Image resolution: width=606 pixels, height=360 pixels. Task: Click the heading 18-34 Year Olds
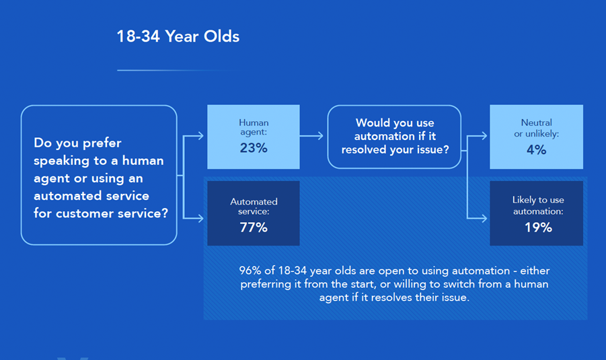coord(178,36)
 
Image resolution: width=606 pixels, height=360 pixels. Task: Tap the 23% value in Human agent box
coord(254,148)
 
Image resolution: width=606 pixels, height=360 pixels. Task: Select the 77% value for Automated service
coord(254,227)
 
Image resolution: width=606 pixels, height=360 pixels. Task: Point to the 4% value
coord(537,149)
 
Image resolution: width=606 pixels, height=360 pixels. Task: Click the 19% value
coord(538,227)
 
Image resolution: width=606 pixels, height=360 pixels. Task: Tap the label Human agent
coord(254,127)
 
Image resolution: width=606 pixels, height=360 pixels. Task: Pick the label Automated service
coord(254,207)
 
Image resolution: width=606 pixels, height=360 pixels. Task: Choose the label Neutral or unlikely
coord(537,128)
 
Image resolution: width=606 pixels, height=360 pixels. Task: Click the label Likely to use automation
coord(538,205)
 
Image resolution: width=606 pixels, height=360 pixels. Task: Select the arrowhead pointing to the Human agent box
coord(200,136)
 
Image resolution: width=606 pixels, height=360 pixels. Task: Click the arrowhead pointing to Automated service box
coord(200,219)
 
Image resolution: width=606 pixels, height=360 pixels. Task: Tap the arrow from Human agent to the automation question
coord(311,136)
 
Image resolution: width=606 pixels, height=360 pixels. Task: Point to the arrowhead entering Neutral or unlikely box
coord(484,136)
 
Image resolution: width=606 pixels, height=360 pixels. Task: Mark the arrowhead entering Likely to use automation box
coord(484,219)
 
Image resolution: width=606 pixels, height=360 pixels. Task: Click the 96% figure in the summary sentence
coord(250,271)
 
